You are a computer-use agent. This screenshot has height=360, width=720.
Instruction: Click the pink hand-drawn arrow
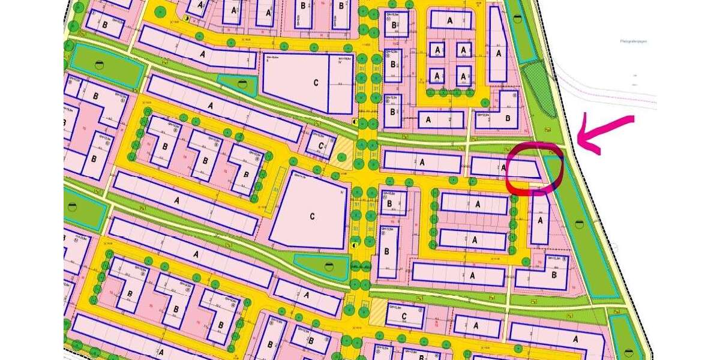click(606, 133)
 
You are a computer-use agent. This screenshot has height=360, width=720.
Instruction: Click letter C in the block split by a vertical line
click(315, 83)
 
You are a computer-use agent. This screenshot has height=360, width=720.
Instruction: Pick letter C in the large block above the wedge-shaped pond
click(312, 215)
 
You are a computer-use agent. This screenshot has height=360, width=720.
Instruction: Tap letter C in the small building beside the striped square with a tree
click(322, 146)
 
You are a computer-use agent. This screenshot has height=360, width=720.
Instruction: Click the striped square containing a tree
click(343, 152)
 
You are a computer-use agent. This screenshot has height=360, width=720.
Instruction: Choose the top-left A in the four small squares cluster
click(439, 49)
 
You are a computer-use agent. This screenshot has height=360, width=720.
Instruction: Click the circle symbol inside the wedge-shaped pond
click(328, 266)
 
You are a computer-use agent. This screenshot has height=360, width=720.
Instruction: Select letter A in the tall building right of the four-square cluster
click(499, 53)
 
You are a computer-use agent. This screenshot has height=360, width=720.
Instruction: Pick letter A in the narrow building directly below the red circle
click(540, 221)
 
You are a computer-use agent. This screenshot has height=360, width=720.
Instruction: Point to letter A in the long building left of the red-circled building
click(423, 161)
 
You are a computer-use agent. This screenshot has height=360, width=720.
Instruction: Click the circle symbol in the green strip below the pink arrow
click(579, 224)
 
